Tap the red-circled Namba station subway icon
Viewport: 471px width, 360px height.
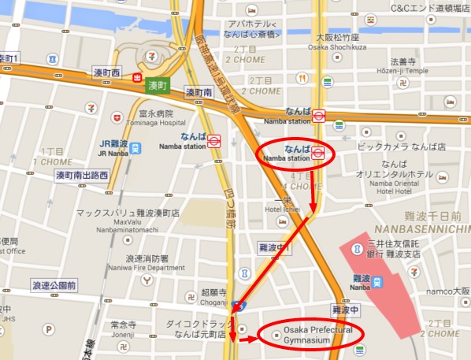[x=318, y=152]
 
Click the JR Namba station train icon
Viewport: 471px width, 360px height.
[x=135, y=147]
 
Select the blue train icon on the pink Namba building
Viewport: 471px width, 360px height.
[x=378, y=280]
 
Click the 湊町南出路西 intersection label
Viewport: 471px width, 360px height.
[x=80, y=175]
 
